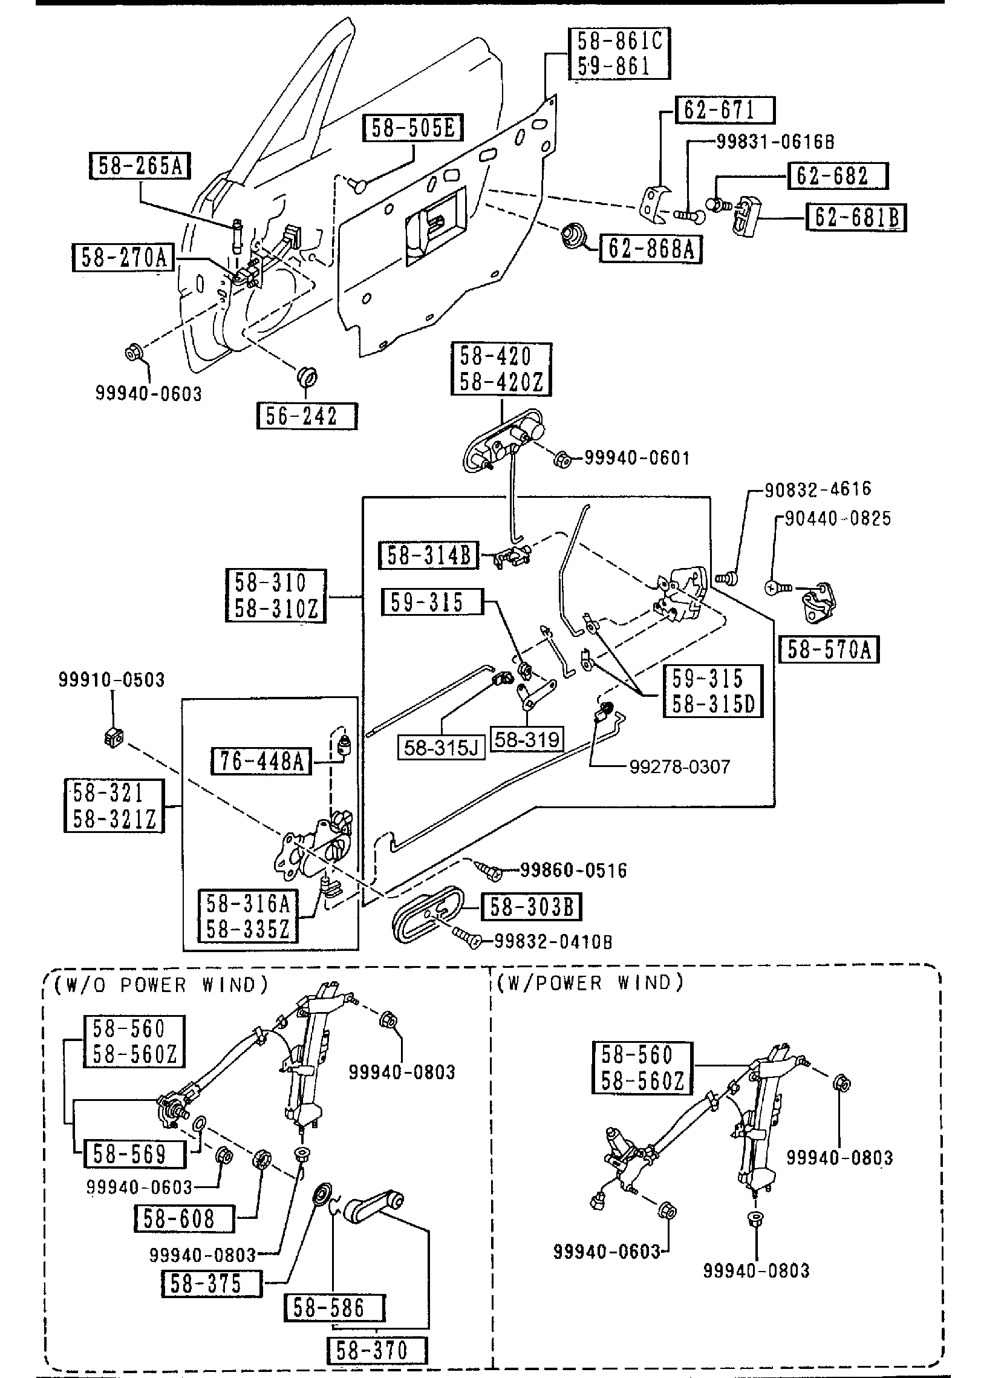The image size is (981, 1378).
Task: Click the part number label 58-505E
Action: pyautogui.click(x=413, y=128)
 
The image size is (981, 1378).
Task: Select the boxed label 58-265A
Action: pyautogui.click(x=140, y=166)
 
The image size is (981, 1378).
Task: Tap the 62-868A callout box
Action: pyautogui.click(x=651, y=248)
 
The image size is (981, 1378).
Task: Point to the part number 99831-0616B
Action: pyautogui.click(x=775, y=142)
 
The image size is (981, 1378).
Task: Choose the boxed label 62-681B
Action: pyautogui.click(x=857, y=218)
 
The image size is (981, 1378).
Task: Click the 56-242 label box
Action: pyautogui.click(x=307, y=416)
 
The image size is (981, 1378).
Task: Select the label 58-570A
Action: pyautogui.click(x=829, y=650)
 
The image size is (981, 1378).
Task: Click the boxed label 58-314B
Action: pyautogui.click(x=428, y=555)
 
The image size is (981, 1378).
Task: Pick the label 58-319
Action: pyautogui.click(x=527, y=739)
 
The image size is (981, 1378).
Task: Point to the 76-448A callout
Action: pyautogui.click(x=261, y=761)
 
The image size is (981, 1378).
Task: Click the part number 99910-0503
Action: pyautogui.click(x=111, y=680)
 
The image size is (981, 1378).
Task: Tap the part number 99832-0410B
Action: pyautogui.click(x=553, y=942)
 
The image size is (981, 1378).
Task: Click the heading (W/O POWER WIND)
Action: pyautogui.click(x=161, y=985)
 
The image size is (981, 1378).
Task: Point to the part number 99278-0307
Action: pyautogui.click(x=680, y=767)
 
